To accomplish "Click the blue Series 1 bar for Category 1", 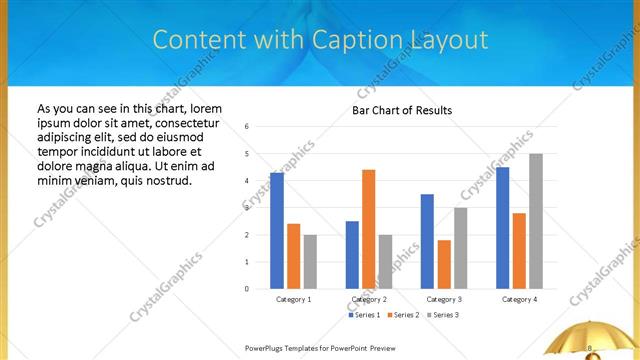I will click(277, 231).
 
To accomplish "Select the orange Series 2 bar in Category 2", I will click(368, 229).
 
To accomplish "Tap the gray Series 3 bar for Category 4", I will click(536, 221).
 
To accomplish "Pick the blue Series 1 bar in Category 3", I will click(427, 241).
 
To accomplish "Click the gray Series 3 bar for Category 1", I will click(310, 262).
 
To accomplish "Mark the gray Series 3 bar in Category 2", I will click(385, 262).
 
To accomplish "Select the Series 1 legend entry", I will click(364, 315).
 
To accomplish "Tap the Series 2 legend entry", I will click(403, 315).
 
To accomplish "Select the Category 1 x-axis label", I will click(293, 299).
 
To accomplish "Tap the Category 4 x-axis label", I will click(518, 299).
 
